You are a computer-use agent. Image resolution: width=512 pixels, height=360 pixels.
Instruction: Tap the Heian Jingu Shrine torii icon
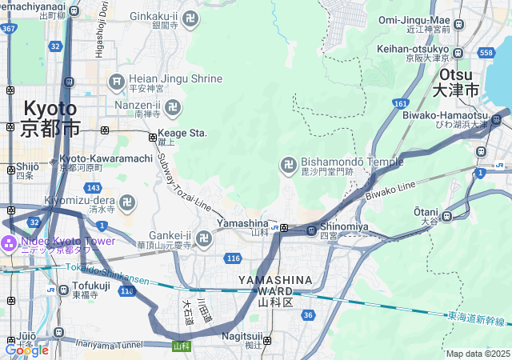[x=116, y=80]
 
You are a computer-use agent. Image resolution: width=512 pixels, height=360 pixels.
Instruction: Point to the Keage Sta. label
[x=182, y=133]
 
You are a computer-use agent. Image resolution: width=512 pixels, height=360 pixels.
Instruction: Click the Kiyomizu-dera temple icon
[x=127, y=201]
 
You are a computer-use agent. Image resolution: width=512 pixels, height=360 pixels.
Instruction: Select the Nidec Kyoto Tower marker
[x=9, y=242]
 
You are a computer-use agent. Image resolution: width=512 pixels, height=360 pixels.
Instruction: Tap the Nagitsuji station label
[x=243, y=337]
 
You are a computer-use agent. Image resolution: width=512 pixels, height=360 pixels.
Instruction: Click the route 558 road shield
[x=486, y=53]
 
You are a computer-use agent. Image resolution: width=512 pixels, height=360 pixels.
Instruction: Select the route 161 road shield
[x=400, y=104]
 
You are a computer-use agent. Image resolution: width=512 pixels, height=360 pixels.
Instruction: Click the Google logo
[x=26, y=350]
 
